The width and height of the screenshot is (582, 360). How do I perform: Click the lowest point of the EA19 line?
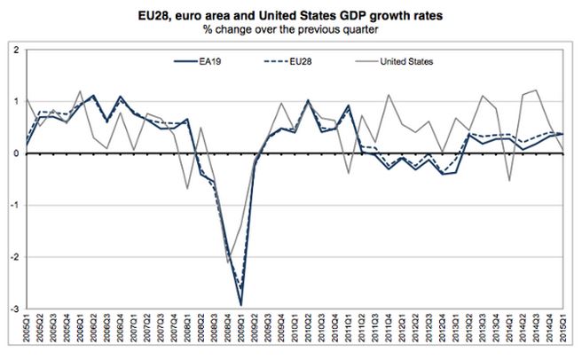pos(241,303)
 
